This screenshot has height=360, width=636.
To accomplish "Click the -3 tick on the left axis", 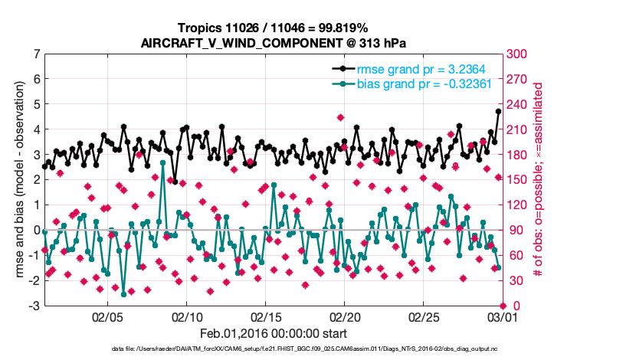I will pyautogui.click(x=34, y=306).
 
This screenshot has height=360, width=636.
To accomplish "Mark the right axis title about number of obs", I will pyautogui.click(x=538, y=180).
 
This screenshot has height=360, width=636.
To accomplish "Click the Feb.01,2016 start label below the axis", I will pyautogui.click(x=273, y=334).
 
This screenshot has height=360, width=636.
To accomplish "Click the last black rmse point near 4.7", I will pyautogui.click(x=498, y=111).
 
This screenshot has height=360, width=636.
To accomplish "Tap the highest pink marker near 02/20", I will pyautogui.click(x=340, y=117).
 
